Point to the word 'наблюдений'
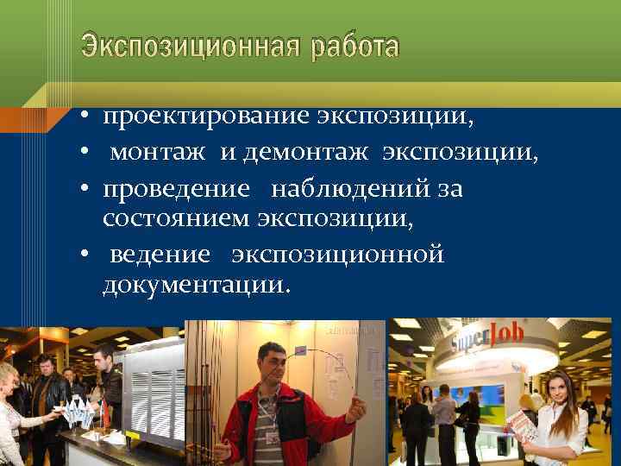[354, 188]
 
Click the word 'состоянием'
[176, 219]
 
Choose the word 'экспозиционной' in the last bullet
[337, 255]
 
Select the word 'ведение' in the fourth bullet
[160, 255]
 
